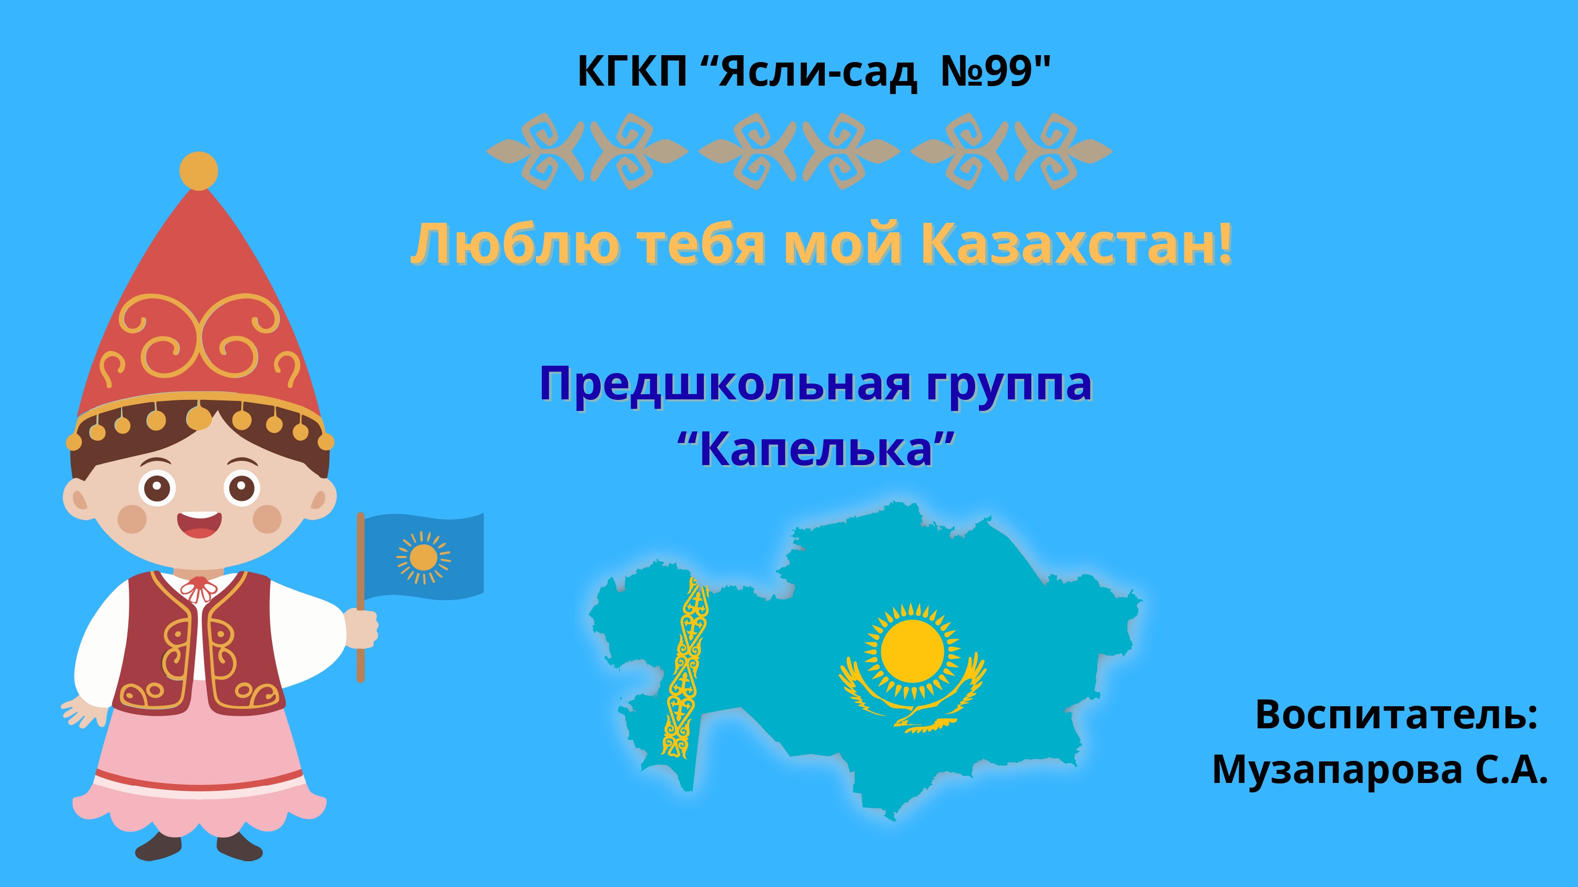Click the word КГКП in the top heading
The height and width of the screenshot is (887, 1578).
click(632, 71)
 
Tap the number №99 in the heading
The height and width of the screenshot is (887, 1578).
click(987, 71)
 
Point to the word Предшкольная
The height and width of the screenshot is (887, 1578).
click(725, 385)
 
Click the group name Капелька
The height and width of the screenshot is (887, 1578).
click(816, 449)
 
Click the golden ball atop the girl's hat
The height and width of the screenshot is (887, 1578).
click(198, 170)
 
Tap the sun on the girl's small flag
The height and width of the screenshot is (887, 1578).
click(423, 557)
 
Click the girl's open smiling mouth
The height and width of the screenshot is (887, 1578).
click(199, 524)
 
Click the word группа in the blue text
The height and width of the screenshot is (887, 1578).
click(1008, 385)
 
